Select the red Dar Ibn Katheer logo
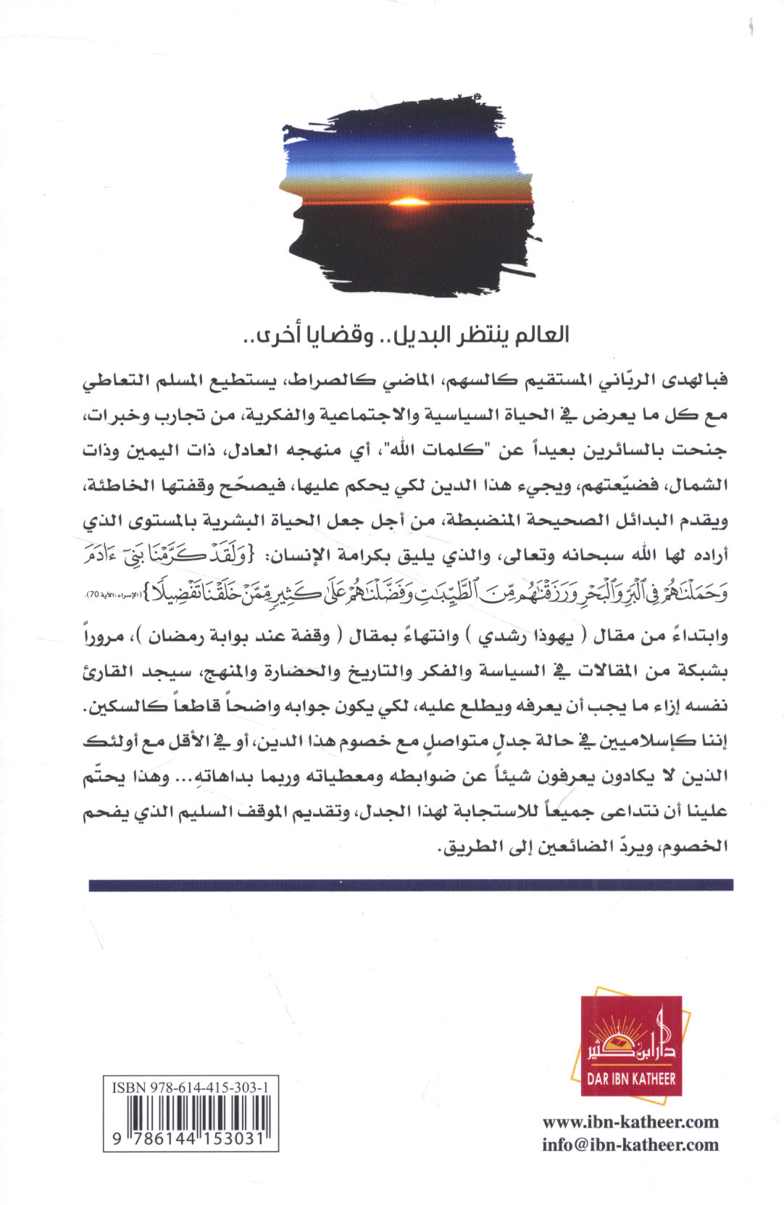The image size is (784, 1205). pyautogui.click(x=632, y=1043)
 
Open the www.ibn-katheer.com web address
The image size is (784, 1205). pyautogui.click(x=630, y=1122)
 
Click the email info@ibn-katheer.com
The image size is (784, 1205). pyautogui.click(x=630, y=1145)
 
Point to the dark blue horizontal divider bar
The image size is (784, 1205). pyautogui.click(x=410, y=885)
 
